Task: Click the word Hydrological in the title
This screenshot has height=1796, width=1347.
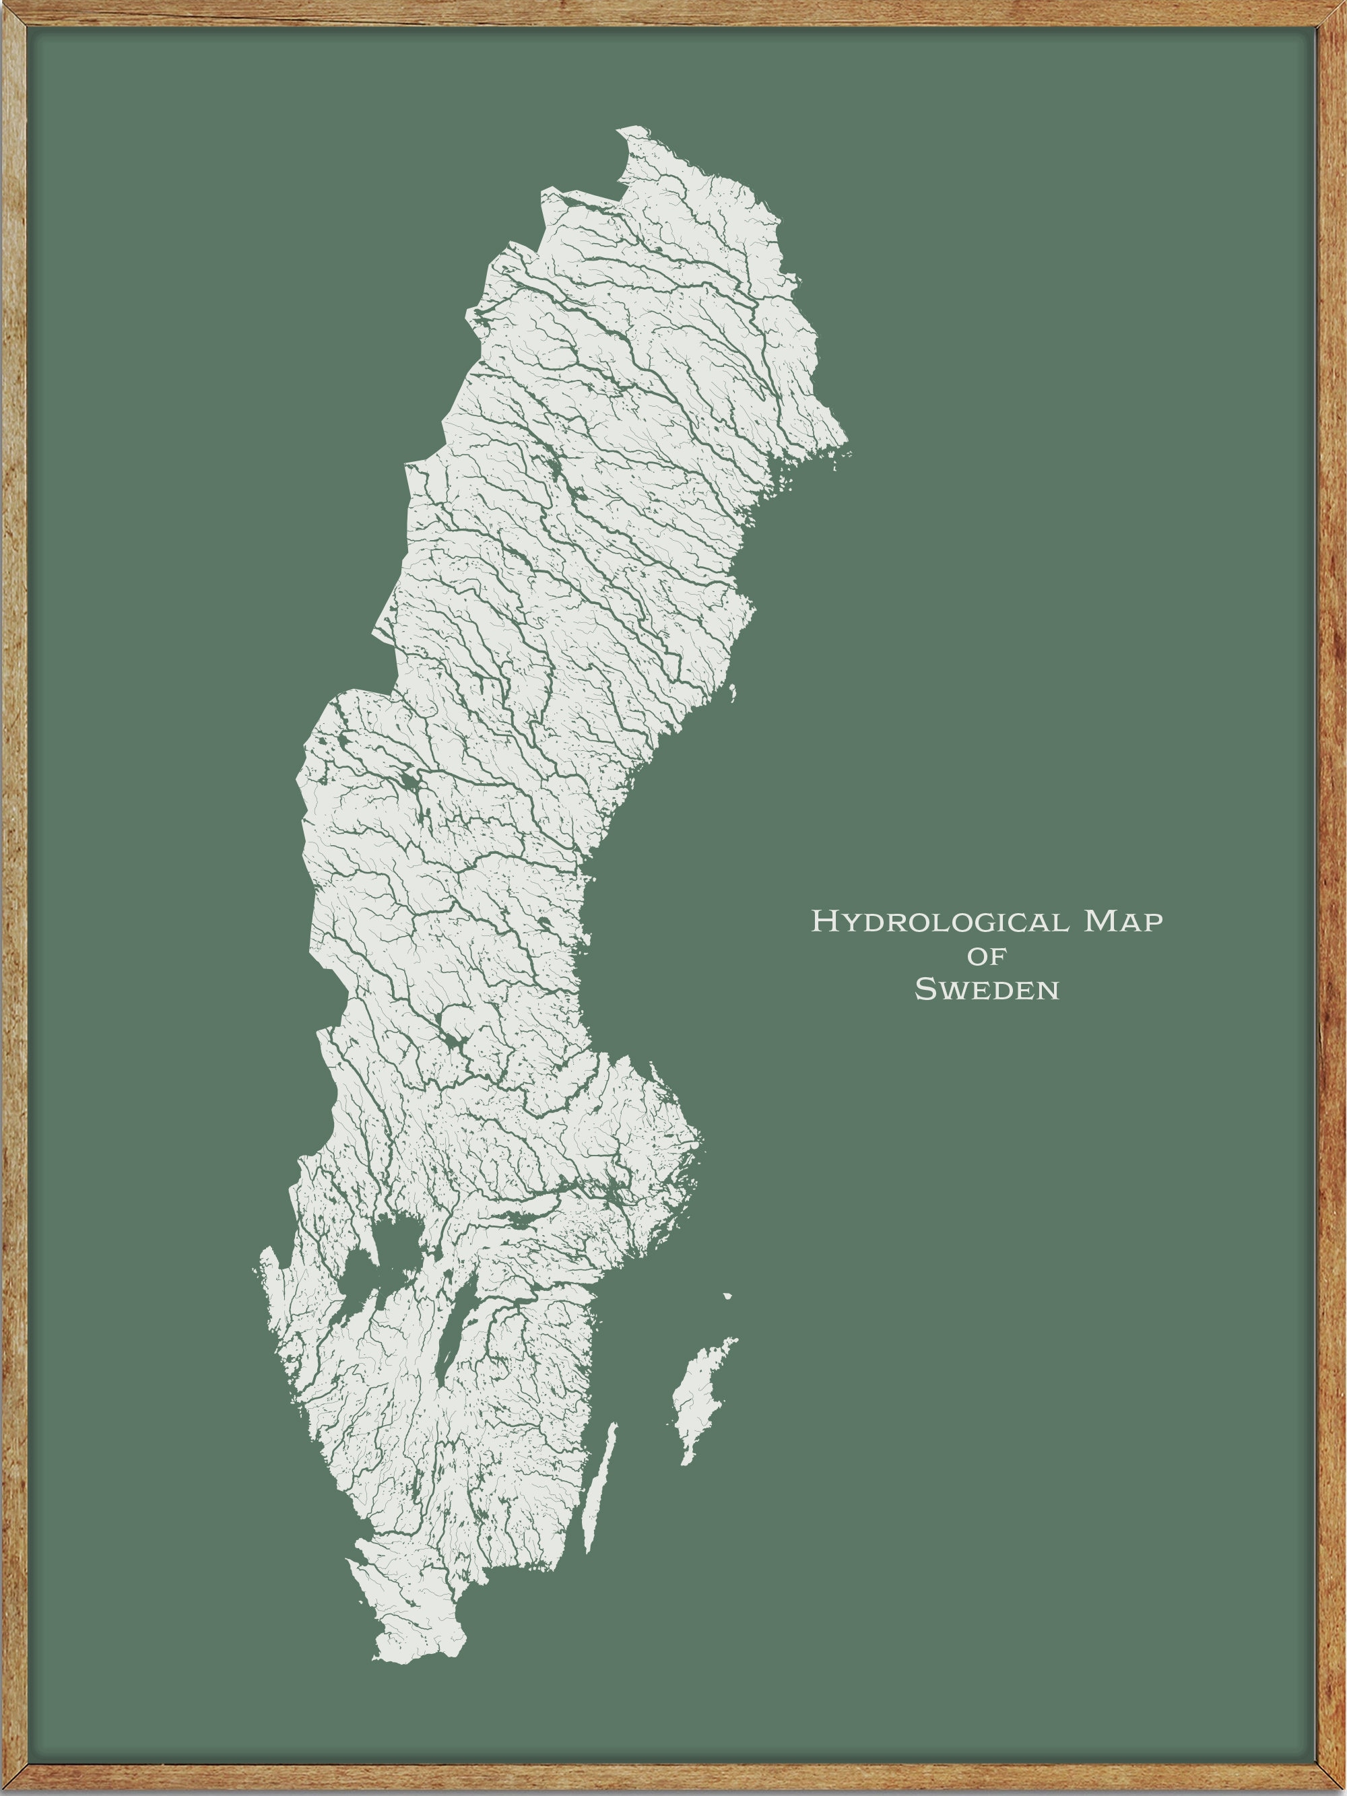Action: (x=941, y=921)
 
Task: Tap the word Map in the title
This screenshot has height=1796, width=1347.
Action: (x=1123, y=921)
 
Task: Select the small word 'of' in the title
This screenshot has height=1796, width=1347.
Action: (x=987, y=956)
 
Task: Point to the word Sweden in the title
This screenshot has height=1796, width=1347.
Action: (x=987, y=990)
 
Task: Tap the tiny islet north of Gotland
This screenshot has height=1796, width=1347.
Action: (x=727, y=1296)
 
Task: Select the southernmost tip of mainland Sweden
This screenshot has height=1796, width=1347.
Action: (x=390, y=1661)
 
